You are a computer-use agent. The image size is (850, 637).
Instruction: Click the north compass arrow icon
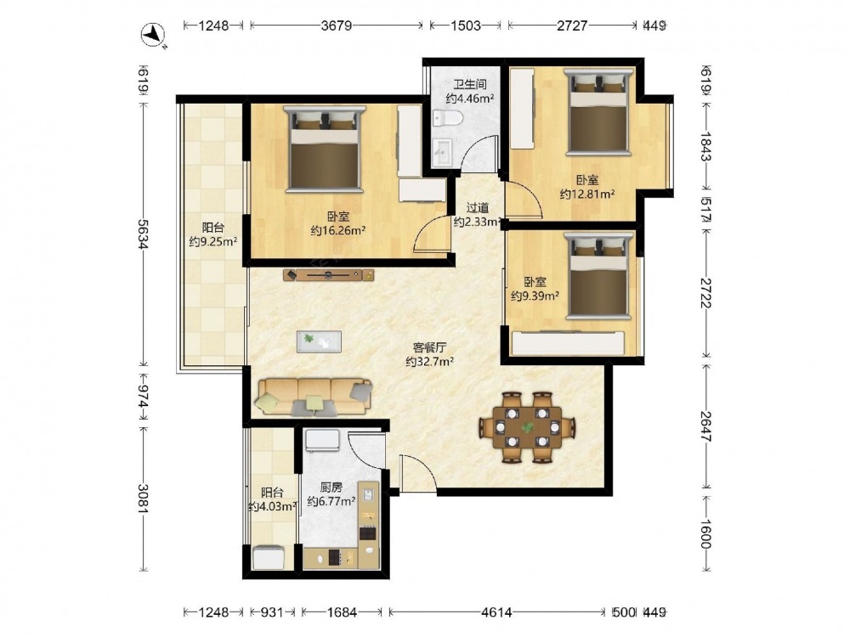point(153,35)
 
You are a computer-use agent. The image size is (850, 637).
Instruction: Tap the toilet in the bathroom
point(448,117)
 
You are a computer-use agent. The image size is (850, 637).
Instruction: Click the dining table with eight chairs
point(527,427)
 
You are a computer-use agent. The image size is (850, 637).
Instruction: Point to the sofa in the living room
point(314,397)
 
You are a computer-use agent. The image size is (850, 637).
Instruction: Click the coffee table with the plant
point(319,341)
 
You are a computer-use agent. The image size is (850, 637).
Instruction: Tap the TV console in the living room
point(328,275)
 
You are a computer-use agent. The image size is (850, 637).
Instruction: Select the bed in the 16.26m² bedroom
point(325,149)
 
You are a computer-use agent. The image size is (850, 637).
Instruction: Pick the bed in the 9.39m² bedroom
point(599,276)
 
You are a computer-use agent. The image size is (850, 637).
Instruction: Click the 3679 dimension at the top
point(337,25)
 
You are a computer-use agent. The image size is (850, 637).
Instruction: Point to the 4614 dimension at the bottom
point(496,612)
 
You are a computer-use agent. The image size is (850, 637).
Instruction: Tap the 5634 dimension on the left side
point(143,234)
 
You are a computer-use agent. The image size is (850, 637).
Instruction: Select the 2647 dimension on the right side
point(705,426)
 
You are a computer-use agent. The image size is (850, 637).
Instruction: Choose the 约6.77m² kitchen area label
point(331,501)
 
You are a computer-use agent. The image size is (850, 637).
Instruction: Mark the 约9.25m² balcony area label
point(213,241)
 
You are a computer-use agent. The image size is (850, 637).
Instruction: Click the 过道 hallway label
point(478,207)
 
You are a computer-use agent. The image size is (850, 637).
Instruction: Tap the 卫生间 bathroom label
point(470,84)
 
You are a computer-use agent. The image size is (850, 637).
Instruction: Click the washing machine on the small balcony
point(269,557)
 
